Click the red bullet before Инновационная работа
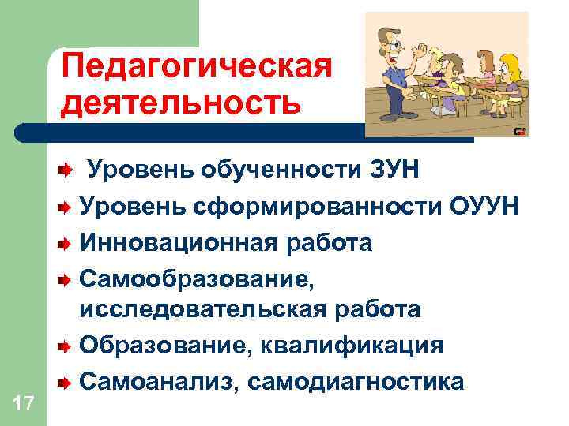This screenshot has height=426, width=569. point(67,242)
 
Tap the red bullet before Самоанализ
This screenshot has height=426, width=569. point(67,383)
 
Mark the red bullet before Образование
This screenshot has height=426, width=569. point(67,346)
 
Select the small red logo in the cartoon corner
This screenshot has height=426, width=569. point(519,131)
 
